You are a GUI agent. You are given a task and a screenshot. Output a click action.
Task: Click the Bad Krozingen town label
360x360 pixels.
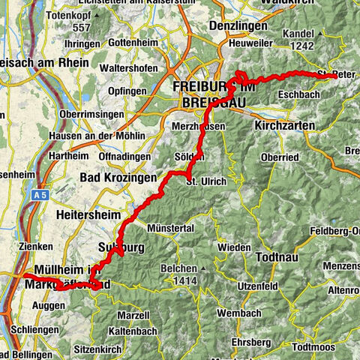pos(118,179)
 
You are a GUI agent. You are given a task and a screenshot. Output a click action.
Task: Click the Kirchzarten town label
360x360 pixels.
pos(284,125)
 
